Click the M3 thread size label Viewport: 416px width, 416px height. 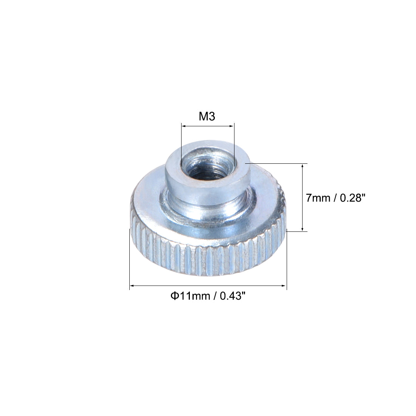pyautogui.click(x=207, y=116)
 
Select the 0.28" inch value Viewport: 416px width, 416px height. pyautogui.click(x=351, y=198)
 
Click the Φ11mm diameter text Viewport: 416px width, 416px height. pyautogui.click(x=190, y=296)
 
